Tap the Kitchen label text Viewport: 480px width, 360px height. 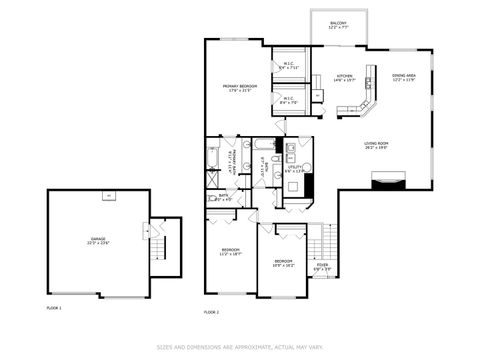[344, 78]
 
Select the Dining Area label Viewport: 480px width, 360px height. [404, 78]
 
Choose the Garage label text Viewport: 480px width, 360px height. [98, 240]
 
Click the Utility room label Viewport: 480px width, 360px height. [294, 169]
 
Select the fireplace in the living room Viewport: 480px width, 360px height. [388, 181]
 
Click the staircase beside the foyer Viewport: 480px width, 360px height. [318, 240]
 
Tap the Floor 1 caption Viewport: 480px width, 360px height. [54, 307]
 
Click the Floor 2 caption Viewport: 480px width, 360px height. [211, 312]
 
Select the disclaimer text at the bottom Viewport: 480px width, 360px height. [239, 348]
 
